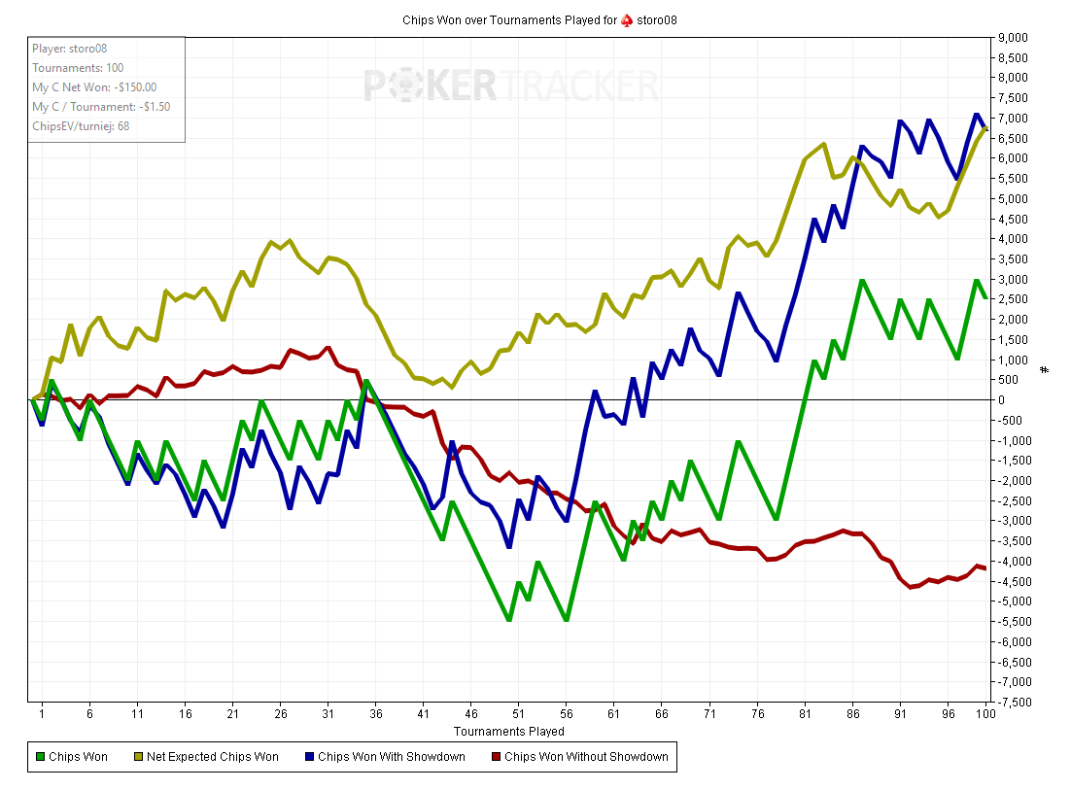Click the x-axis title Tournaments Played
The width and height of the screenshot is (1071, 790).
[508, 731]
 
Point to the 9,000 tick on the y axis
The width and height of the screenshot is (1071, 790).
[1015, 38]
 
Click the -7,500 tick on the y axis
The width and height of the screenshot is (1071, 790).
[1015, 702]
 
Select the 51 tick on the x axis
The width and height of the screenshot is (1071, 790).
[518, 713]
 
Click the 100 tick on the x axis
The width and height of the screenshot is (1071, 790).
[986, 713]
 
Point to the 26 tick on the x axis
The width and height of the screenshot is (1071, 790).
[280, 713]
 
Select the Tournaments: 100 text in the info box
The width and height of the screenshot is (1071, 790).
[78, 67]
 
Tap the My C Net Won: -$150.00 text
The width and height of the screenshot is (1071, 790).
[94, 86]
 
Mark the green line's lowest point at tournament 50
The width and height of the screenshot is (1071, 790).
[508, 620]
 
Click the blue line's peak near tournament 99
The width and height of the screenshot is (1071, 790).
[977, 115]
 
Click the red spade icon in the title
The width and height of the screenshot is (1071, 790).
[627, 19]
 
